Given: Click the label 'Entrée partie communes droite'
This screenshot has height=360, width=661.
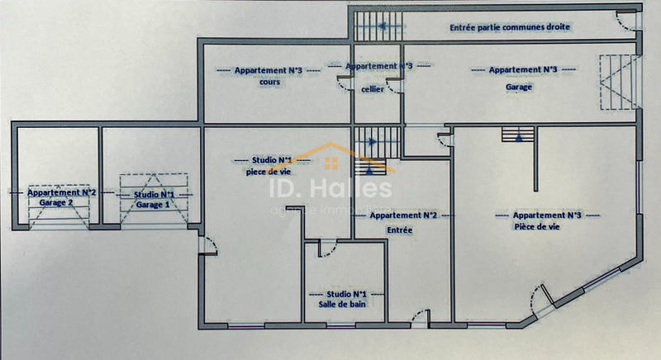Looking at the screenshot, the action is point(510,27).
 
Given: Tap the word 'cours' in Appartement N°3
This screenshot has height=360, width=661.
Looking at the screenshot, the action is point(270,82).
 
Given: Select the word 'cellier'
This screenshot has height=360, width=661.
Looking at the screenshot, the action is point(373,89).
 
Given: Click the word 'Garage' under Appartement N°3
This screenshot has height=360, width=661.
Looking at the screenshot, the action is point(519,88).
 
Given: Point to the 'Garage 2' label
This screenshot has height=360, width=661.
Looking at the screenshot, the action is point(56,202).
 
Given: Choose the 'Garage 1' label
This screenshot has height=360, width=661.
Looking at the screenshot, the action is point(153,205).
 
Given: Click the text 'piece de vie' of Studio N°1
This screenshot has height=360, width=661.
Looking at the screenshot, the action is point(269,172).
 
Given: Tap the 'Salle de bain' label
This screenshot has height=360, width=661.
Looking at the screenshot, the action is point(342,304).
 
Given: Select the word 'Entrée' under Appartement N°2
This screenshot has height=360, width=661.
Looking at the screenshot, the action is point(400,230).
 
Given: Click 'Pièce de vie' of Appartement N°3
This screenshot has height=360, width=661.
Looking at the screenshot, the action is point(537,226).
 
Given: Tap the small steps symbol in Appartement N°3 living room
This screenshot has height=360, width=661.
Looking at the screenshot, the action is point(518,135).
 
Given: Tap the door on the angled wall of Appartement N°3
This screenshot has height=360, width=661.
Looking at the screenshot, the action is point(541,299).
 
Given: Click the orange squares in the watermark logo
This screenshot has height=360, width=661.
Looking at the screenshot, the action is point(331,163).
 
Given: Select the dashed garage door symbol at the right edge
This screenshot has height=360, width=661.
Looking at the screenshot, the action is point(619,82).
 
